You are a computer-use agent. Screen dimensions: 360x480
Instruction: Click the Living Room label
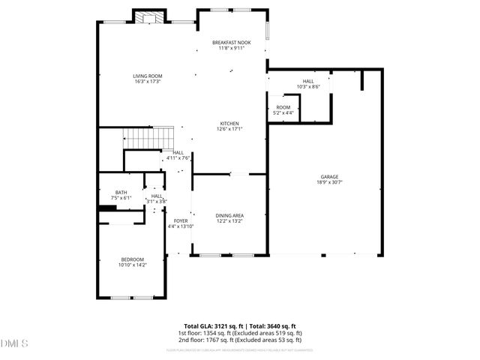coord(148,76)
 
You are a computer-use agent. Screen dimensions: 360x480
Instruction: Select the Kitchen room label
coord(229,123)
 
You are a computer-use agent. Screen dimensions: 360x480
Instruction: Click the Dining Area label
coord(229,215)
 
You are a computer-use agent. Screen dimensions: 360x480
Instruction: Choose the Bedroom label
coord(132,259)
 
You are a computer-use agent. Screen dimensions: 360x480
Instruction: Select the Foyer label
coord(180,220)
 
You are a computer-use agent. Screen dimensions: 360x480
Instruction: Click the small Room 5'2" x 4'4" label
coord(283,107)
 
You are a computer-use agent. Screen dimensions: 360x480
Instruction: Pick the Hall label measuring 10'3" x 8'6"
coord(307,81)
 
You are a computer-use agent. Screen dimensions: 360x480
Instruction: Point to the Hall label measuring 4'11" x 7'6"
coord(178,152)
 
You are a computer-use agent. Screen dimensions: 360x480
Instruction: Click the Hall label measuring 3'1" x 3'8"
coord(156,196)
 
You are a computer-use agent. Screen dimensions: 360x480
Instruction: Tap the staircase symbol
coord(148,138)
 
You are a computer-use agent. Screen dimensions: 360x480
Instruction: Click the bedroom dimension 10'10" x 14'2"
coord(132,264)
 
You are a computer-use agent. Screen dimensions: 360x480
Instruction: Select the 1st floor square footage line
coord(239,332)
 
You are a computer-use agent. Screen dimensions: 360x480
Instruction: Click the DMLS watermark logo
coord(14,343)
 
